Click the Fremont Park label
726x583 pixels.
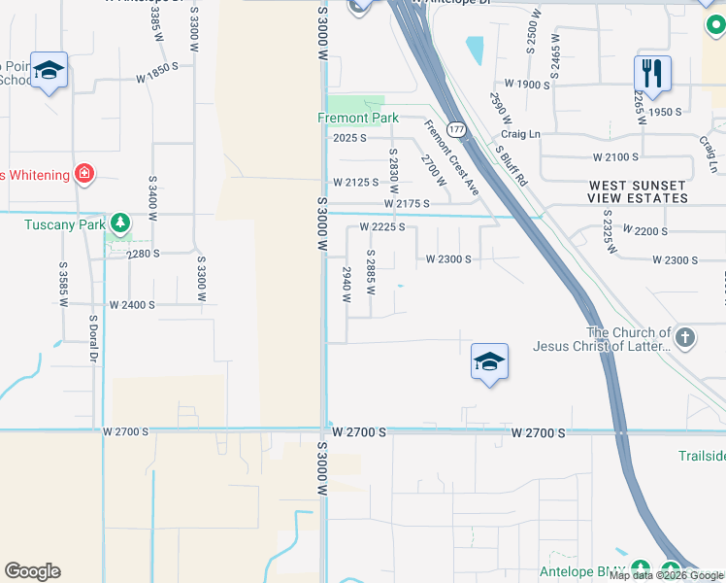[358, 118]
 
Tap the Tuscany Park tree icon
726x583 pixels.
[120, 223]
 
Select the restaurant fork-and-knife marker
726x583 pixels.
[650, 71]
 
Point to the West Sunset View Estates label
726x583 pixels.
[637, 191]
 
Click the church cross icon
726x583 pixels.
[685, 338]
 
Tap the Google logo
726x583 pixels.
[32, 571]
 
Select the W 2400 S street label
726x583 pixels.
[132, 304]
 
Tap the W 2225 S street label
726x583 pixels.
[381, 227]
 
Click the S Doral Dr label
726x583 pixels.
[94, 339]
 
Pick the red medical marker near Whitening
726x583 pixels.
[85, 174]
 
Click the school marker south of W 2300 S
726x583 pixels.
[489, 362]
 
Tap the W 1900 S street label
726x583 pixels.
[520, 85]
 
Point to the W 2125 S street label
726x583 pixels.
[355, 182]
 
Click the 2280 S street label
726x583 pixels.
[143, 253]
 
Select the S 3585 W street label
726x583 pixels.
[63, 282]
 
